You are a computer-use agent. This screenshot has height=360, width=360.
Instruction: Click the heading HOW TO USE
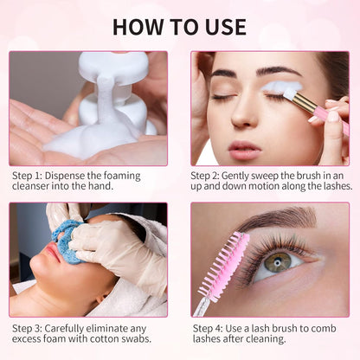coord(180,26)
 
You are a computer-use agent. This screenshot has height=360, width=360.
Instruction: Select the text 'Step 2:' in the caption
coord(209,175)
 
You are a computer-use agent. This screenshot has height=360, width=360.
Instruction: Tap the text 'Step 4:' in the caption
coord(209,328)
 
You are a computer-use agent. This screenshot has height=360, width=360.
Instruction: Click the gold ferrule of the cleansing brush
coord(305,104)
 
